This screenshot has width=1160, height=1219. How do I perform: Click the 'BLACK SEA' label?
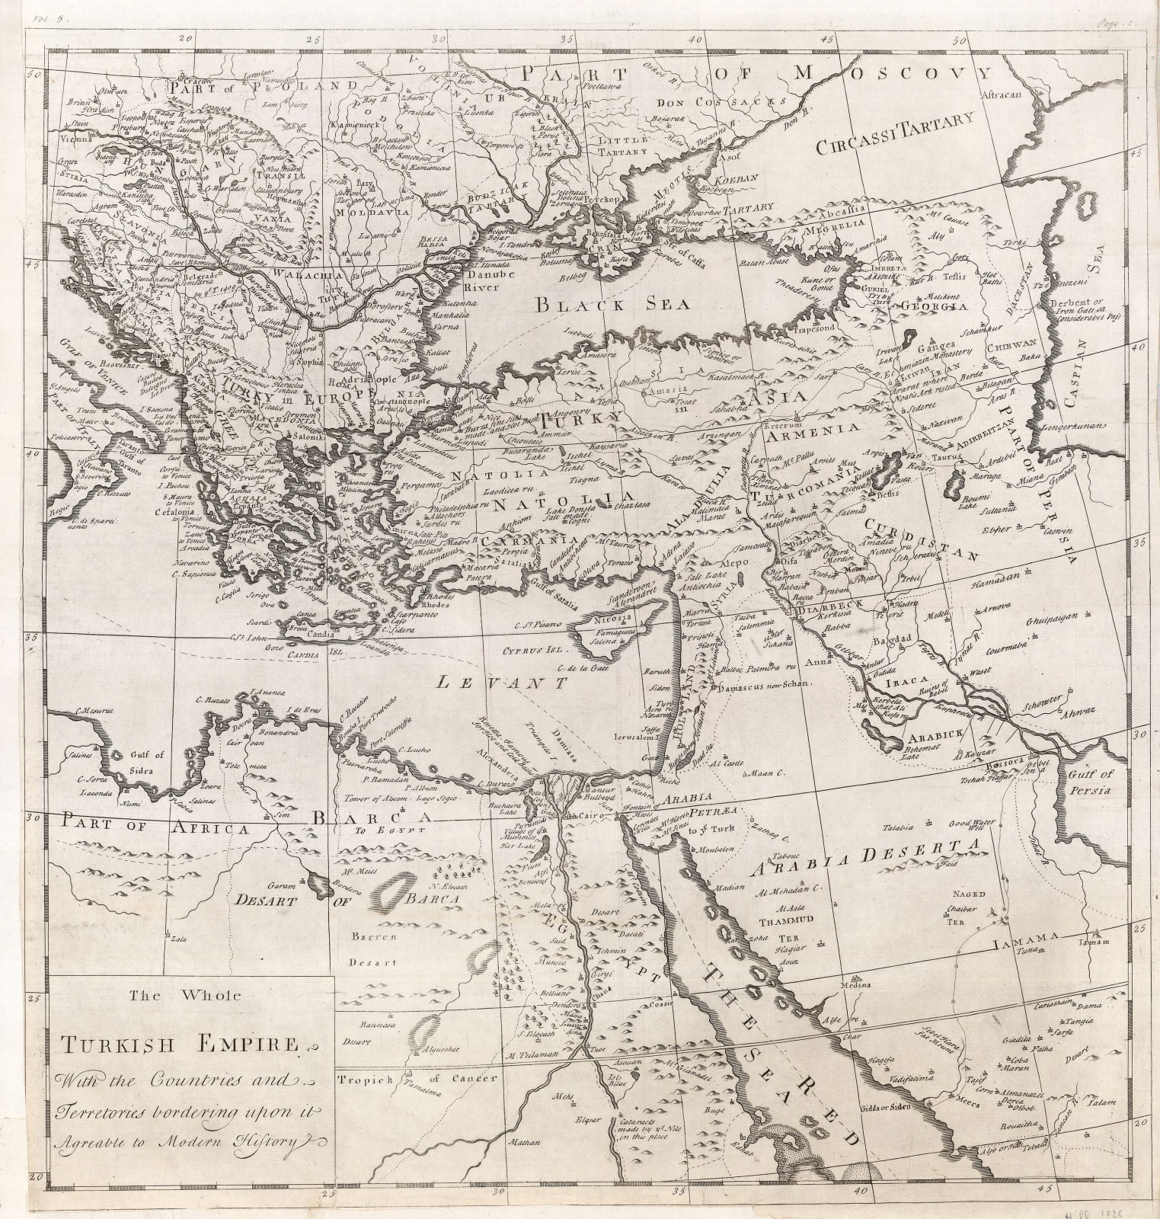coord(612,304)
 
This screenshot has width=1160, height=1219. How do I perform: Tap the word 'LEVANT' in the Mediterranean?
coord(503,683)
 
